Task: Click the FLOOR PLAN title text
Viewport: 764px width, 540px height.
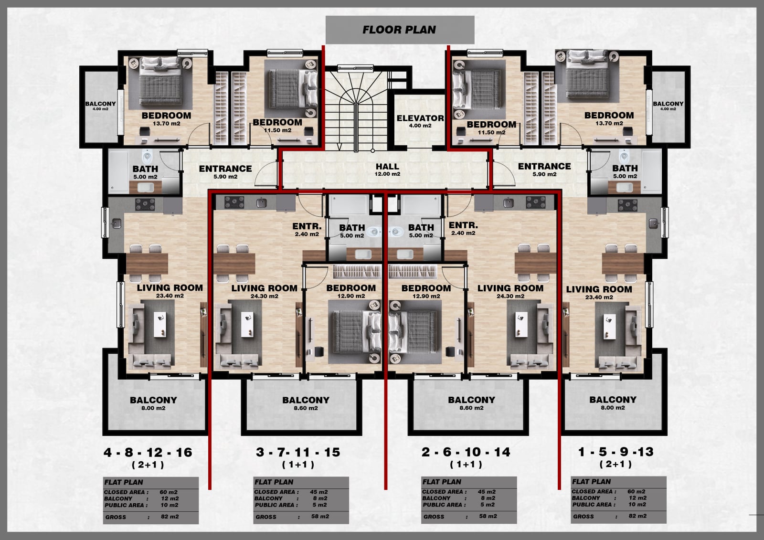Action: pyautogui.click(x=399, y=30)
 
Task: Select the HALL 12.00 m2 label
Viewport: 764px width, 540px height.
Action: pyautogui.click(x=387, y=169)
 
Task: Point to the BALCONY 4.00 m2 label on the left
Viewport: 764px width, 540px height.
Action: pyautogui.click(x=100, y=106)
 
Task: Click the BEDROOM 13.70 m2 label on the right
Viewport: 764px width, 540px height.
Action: pyautogui.click(x=609, y=118)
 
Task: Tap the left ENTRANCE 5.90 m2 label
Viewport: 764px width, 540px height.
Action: pyautogui.click(x=225, y=172)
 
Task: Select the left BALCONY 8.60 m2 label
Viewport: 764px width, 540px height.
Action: pyautogui.click(x=306, y=403)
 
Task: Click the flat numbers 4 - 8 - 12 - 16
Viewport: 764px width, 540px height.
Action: pyautogui.click(x=148, y=452)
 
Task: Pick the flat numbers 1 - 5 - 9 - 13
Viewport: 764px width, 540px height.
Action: pyautogui.click(x=616, y=452)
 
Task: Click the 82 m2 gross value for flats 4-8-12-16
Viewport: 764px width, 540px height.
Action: pyautogui.click(x=170, y=517)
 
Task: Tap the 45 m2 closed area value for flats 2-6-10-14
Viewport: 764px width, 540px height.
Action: pyautogui.click(x=487, y=492)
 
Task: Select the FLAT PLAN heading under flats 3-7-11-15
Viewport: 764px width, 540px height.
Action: pyautogui.click(x=274, y=482)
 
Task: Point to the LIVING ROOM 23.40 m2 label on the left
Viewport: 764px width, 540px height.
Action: pyautogui.click(x=170, y=291)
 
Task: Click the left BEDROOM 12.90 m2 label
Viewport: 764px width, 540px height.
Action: pyautogui.click(x=351, y=291)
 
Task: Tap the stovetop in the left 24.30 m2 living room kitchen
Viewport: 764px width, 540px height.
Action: pyautogui.click(x=234, y=202)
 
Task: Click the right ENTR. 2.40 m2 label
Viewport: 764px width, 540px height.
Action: pyautogui.click(x=463, y=229)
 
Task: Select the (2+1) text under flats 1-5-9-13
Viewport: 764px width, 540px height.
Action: pyautogui.click(x=615, y=464)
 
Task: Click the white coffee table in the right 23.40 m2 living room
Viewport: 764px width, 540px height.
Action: pyautogui.click(x=609, y=327)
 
